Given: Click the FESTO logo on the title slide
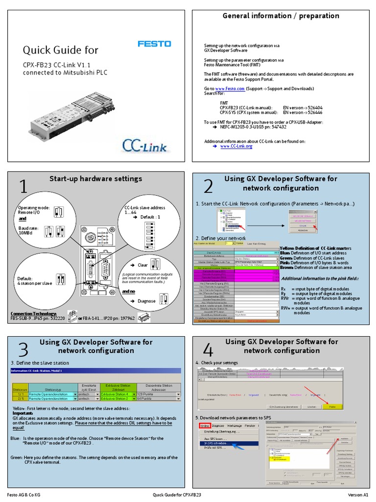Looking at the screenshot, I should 154,44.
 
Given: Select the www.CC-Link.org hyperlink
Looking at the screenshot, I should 236,146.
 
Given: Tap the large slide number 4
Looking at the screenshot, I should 208,350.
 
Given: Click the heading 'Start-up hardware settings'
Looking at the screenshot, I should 95,178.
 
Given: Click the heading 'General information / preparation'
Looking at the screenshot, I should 281,16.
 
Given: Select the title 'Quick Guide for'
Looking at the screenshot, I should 61,50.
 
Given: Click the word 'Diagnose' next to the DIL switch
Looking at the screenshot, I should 146,301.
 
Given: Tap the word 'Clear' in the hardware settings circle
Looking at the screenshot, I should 142,265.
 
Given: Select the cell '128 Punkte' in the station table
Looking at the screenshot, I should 147,394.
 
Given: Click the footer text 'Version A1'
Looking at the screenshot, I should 358,495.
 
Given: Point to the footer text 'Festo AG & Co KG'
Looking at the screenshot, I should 24,495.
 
